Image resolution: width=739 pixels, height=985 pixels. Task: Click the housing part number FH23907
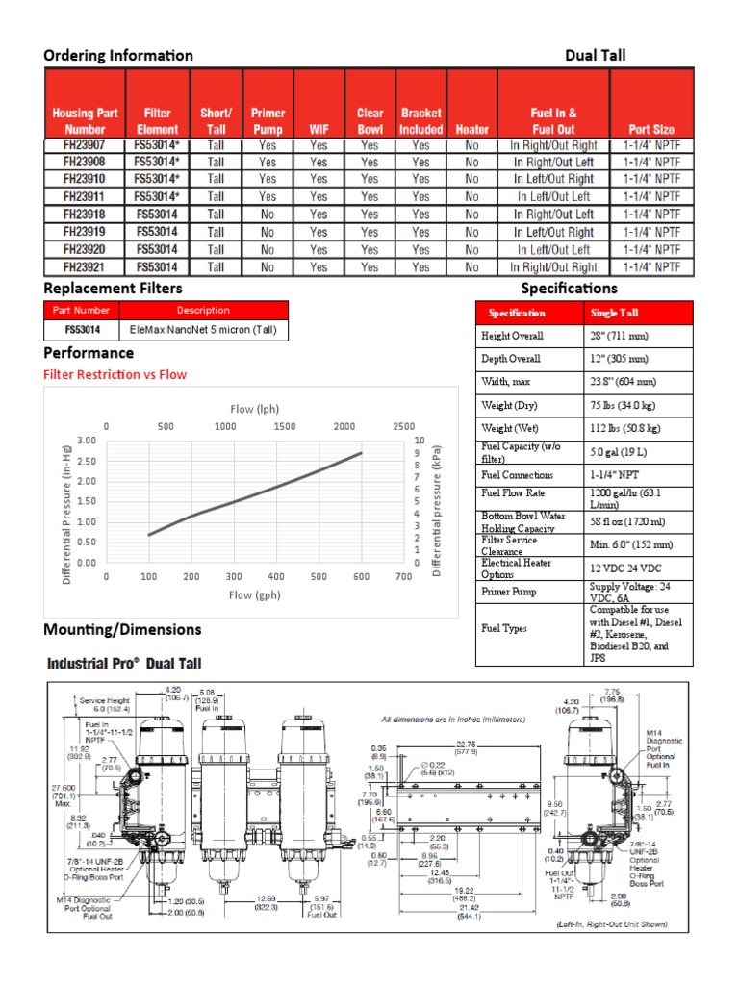pos(85,145)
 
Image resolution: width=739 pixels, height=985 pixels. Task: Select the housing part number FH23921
pos(85,267)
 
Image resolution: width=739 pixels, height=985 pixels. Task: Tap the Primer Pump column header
pos(268,120)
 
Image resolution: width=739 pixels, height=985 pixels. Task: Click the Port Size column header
pos(651,129)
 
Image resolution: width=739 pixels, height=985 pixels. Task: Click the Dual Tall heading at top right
pos(595,55)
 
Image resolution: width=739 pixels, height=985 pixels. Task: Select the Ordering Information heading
pos(118,55)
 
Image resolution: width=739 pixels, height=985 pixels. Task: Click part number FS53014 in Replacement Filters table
pos(83,329)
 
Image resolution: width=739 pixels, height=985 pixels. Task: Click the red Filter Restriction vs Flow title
pos(115,374)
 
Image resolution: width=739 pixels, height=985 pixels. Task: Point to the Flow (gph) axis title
pos(254,595)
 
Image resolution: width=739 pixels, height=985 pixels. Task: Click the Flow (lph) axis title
pos(254,409)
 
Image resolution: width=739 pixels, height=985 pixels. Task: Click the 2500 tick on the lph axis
pos(404,426)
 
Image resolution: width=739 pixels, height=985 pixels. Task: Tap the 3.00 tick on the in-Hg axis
pos(87,440)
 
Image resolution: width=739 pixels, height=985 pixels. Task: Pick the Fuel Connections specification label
pos(517,475)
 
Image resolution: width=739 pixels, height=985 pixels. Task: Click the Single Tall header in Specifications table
pos(614,313)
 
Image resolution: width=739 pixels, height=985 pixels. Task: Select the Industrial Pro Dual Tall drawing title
pos(125,664)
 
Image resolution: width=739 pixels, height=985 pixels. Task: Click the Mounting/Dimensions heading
pos(122,629)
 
